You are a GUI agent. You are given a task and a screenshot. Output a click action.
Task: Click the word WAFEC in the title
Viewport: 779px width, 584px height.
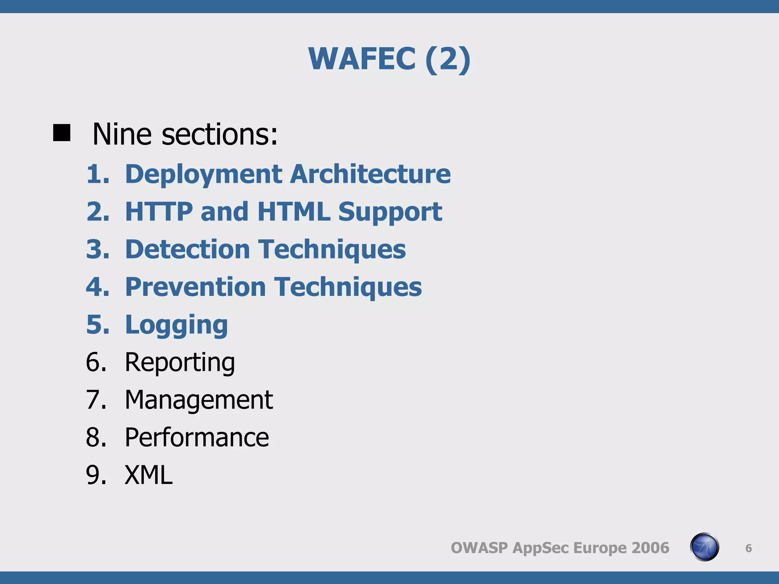pos(362,59)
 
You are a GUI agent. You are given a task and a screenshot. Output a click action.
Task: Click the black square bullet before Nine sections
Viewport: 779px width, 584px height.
pos(62,133)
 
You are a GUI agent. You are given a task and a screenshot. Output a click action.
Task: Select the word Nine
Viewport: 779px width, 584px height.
pos(122,134)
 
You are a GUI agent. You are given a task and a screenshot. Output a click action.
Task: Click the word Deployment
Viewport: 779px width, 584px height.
pos(203,174)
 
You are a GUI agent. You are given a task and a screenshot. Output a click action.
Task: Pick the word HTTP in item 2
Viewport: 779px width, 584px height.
pos(159,211)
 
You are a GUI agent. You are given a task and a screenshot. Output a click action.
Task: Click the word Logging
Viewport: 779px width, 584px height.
pos(176,325)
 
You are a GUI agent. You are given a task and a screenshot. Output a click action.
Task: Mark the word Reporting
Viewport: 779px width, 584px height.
pos(180,362)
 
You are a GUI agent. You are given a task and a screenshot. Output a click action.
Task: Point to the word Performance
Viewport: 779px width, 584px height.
pos(197,437)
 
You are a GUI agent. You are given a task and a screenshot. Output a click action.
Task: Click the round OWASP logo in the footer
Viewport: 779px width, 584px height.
pos(704,547)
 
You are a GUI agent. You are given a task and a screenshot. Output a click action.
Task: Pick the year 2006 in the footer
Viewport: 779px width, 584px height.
pos(650,548)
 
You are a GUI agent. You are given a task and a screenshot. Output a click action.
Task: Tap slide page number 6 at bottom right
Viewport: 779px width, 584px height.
pos(748,548)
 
